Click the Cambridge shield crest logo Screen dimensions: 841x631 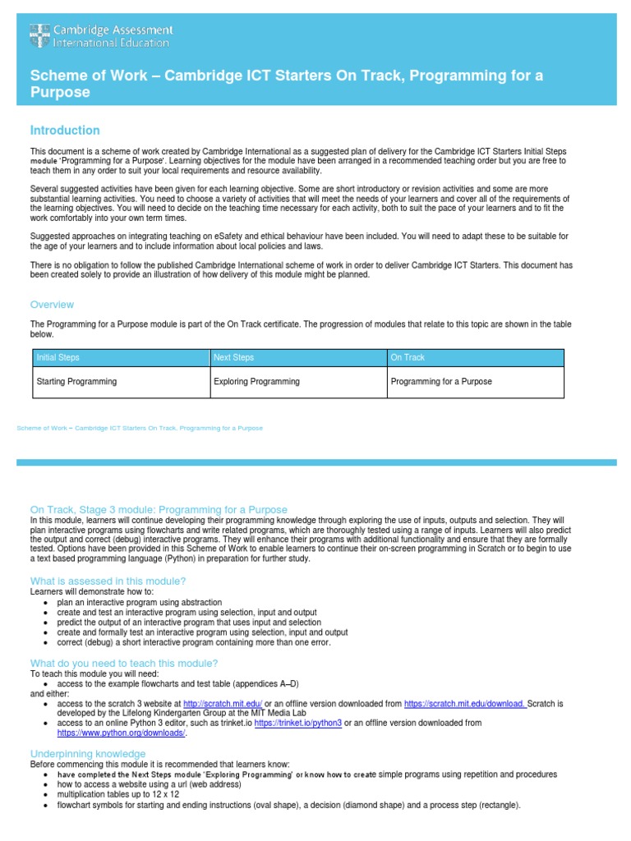(x=39, y=36)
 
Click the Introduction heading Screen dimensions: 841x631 (x=65, y=131)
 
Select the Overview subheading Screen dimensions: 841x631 (x=52, y=305)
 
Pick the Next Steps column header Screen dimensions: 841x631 (x=233, y=358)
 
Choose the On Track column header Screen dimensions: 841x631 (x=408, y=358)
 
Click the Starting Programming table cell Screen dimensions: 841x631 (x=76, y=382)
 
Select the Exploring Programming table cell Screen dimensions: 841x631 (x=256, y=382)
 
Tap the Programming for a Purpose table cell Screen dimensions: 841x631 (x=441, y=382)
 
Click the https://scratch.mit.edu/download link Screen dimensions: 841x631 (x=465, y=704)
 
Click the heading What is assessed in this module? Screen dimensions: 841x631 (x=103, y=581)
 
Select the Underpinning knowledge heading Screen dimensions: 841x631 (x=88, y=754)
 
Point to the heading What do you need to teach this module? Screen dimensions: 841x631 (x=124, y=663)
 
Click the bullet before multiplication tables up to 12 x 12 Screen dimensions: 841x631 (x=45, y=795)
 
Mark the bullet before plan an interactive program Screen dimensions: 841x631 (x=45, y=603)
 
